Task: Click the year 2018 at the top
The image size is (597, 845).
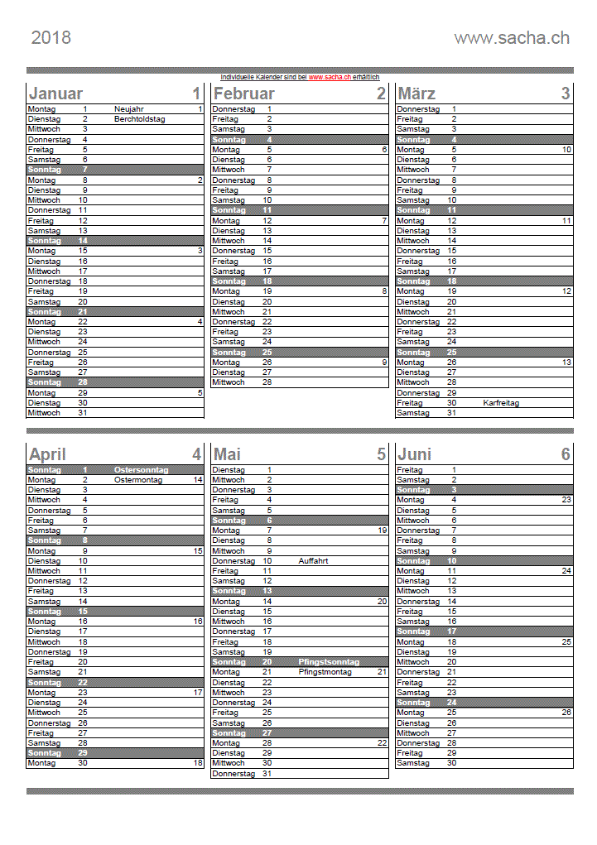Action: click(x=51, y=37)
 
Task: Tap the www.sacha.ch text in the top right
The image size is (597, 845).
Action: click(x=512, y=37)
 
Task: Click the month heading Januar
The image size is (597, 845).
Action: click(x=55, y=94)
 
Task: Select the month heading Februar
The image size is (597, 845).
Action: click(x=245, y=94)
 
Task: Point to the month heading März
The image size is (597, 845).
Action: click(x=416, y=94)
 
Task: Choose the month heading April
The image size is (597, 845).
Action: click(x=47, y=454)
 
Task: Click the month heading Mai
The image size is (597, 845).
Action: click(x=227, y=454)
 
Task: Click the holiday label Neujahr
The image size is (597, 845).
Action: click(x=129, y=109)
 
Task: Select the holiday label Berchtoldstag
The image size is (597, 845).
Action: click(x=140, y=119)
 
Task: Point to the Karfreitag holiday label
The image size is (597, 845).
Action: click(x=501, y=403)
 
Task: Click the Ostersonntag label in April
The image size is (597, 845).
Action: click(x=142, y=470)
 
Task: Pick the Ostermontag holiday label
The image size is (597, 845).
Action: click(x=138, y=480)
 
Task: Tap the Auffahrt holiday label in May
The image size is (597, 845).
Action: click(x=313, y=561)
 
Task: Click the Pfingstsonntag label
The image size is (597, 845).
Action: click(x=329, y=662)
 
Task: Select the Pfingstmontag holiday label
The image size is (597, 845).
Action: click(x=325, y=672)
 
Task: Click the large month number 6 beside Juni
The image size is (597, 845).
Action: click(x=566, y=454)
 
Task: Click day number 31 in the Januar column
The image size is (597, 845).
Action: click(x=82, y=413)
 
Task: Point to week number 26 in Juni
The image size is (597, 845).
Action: click(x=566, y=713)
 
